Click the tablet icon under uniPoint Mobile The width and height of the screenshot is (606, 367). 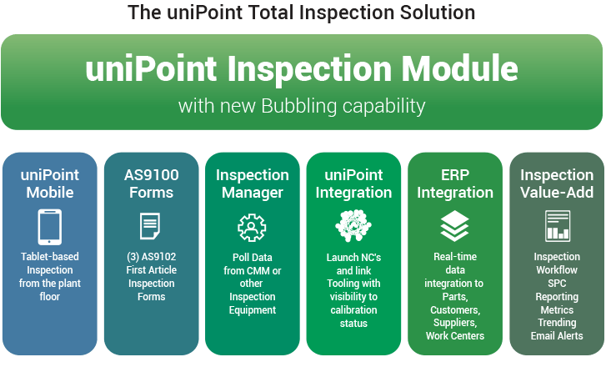50,227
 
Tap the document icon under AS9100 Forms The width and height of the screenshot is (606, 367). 151,227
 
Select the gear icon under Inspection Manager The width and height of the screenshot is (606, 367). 252,227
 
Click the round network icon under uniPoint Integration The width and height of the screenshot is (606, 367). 353,227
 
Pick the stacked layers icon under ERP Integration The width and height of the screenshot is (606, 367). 455,227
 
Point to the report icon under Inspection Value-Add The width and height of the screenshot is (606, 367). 557,227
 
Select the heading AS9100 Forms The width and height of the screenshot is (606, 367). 151,183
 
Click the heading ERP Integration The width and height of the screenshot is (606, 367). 455,183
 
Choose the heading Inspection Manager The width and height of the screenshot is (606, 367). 253,183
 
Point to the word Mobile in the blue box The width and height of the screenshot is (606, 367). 50,193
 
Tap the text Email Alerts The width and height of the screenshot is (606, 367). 557,335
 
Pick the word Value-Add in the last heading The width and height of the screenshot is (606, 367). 557,193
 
